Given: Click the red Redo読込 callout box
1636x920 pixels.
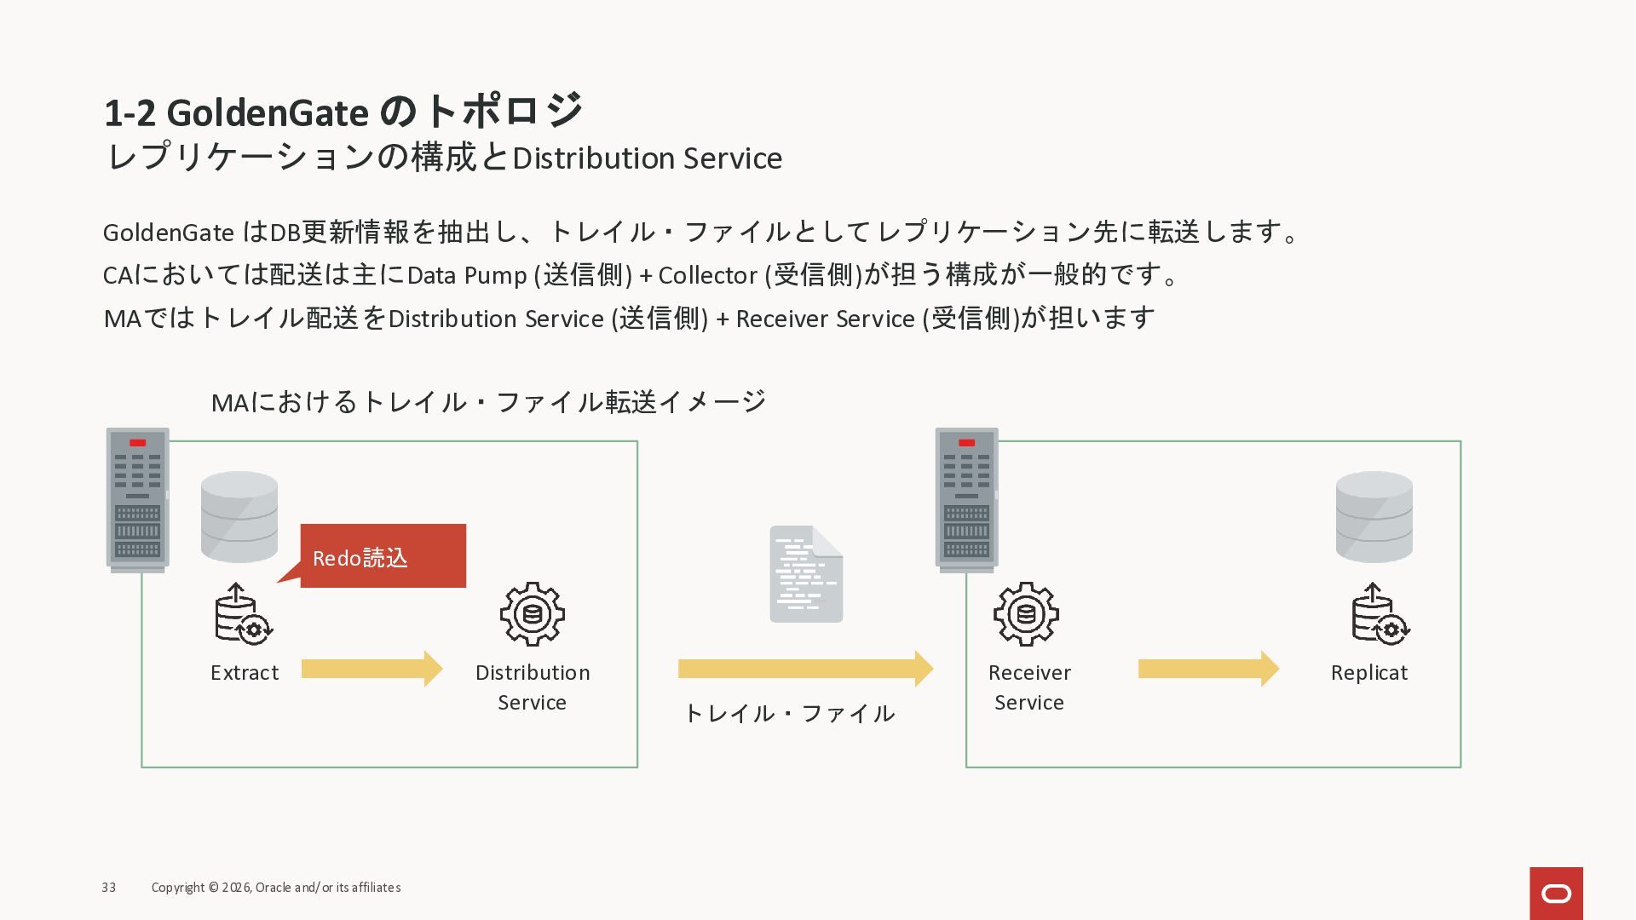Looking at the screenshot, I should pos(383,555).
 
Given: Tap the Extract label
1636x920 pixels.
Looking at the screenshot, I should pos(245,673).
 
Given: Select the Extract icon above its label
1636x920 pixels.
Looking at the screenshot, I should pos(243,614).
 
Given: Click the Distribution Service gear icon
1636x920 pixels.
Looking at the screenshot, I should pos(532,614).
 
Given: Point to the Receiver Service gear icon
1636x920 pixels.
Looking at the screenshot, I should pos(1026,614).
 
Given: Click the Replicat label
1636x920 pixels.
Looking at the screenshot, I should pos(1368,673).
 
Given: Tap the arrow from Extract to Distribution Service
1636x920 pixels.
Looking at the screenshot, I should pos(372,669).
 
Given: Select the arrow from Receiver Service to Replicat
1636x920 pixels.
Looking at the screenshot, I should pos(1208,669).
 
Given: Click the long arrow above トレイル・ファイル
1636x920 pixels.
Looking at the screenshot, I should pos(805,669).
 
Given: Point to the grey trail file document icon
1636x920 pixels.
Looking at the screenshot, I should pos(806,574).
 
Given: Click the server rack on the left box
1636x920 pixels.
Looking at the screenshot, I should pos(137,499).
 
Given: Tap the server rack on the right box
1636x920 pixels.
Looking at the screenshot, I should pos(966,499).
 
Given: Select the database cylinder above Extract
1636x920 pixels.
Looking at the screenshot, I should pos(239,517).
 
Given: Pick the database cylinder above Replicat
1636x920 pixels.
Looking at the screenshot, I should pos(1374,517).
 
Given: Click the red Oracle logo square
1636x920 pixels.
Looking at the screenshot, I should pos(1556,893).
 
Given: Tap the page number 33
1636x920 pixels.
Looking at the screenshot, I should pos(109,888).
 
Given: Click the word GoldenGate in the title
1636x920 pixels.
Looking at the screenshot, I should pos(268,113).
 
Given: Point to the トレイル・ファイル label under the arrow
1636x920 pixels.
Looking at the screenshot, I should pos(789,714).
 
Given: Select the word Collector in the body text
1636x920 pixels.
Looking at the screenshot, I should pos(707,275).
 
